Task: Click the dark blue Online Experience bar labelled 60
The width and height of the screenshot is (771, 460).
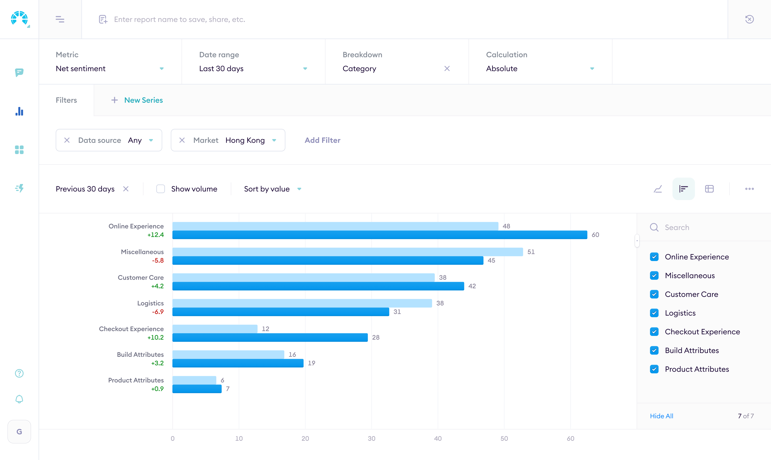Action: click(380, 235)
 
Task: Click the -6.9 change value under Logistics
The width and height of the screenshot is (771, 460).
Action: click(158, 312)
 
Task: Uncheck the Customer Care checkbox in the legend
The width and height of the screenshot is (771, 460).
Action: click(654, 294)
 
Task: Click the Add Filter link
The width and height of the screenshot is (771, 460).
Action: click(322, 140)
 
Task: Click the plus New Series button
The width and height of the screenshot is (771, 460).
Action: click(137, 100)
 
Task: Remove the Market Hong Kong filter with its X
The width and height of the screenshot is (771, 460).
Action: click(182, 140)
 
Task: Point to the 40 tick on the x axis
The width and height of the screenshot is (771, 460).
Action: click(438, 438)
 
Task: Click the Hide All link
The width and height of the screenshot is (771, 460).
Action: click(662, 416)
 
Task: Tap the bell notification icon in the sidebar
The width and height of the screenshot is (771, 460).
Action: click(19, 399)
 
